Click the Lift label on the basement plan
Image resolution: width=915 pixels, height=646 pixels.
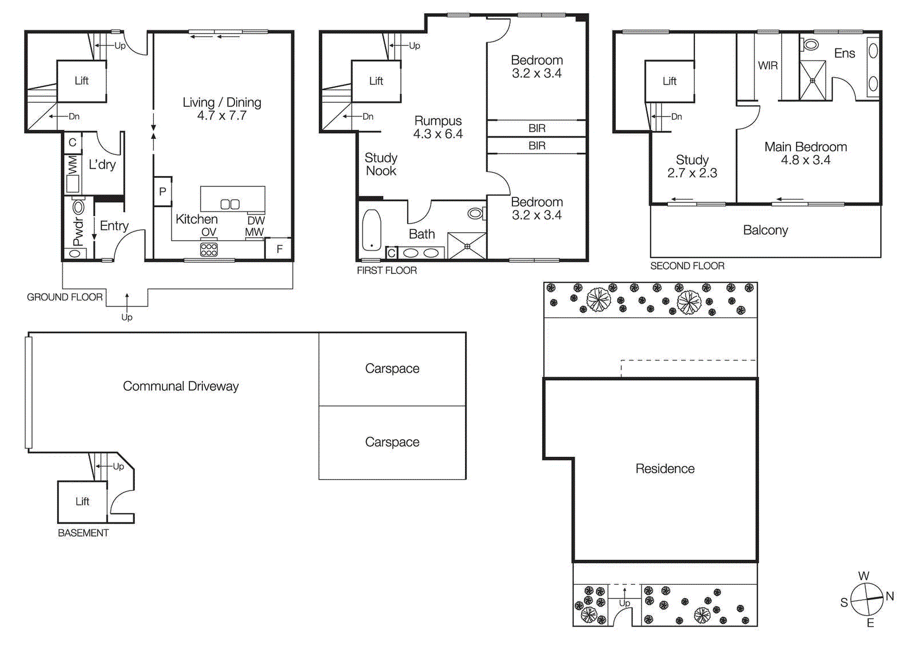click(x=82, y=501)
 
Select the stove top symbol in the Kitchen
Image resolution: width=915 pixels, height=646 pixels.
click(x=209, y=249)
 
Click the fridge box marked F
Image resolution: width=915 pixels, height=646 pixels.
click(x=279, y=249)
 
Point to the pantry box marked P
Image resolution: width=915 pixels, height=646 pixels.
click(x=162, y=192)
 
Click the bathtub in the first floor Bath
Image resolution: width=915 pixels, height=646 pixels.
click(x=371, y=230)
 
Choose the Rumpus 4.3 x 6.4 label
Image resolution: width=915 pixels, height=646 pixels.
click(x=438, y=127)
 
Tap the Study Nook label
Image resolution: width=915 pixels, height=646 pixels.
click(x=381, y=164)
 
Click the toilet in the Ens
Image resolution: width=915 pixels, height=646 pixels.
click(x=810, y=44)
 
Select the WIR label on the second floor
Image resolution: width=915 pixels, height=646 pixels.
click(x=767, y=66)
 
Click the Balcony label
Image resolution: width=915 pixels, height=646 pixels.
click(x=765, y=230)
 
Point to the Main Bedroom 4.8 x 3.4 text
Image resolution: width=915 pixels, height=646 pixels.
click(x=805, y=153)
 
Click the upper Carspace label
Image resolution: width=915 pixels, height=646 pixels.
click(x=392, y=369)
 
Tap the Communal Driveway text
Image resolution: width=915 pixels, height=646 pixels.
click(x=181, y=386)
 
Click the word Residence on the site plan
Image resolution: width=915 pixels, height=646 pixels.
click(x=665, y=469)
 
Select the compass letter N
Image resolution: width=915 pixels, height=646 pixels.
click(x=889, y=596)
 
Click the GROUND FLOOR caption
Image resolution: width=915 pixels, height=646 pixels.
click(x=65, y=297)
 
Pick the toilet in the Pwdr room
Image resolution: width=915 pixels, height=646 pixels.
click(x=78, y=207)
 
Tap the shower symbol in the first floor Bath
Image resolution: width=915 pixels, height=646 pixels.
click(x=467, y=246)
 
